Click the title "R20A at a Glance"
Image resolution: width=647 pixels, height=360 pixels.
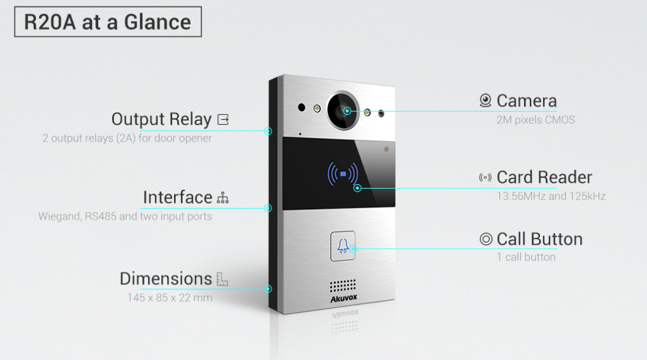click(108, 22)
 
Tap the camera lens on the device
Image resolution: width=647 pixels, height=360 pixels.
click(344, 110)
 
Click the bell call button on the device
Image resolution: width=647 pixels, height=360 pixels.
click(343, 245)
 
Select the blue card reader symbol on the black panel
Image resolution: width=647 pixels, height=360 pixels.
click(343, 173)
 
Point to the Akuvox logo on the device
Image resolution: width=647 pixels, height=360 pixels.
click(344, 298)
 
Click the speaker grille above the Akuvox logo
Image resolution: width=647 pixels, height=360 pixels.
click(344, 285)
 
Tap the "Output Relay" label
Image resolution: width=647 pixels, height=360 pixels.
click(161, 119)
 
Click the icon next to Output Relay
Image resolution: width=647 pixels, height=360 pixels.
click(222, 119)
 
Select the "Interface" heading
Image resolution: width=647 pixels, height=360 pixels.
click(177, 198)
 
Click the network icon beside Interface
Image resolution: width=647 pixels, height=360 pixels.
click(222, 198)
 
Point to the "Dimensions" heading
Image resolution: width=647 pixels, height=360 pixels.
click(166, 278)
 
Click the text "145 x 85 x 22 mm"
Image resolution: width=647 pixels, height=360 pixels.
click(170, 298)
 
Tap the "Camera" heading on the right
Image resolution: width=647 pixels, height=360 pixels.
click(527, 101)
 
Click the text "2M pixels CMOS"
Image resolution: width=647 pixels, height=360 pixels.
click(535, 120)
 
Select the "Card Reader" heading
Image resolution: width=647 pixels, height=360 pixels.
click(544, 177)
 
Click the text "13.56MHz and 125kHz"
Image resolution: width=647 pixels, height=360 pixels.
click(551, 196)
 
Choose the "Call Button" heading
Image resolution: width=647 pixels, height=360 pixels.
click(539, 239)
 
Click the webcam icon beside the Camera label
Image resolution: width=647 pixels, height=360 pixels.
click(486, 101)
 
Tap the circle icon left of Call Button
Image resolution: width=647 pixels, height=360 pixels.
click(486, 239)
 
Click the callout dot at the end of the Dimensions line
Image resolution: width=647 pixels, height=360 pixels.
click(268, 289)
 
